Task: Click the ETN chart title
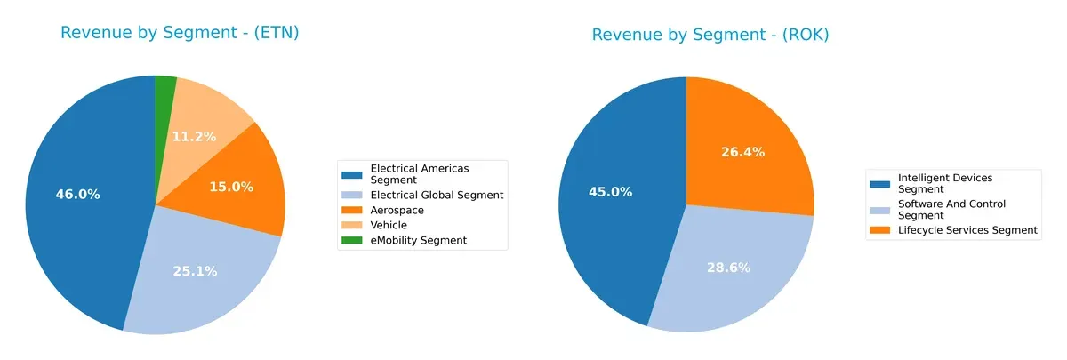pyautogui.click(x=180, y=33)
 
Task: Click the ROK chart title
pyautogui.click(x=710, y=35)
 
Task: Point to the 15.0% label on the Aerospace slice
pyautogui.click(x=231, y=187)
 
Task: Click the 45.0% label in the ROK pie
pyautogui.click(x=610, y=191)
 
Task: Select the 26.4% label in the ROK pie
pyautogui.click(x=743, y=152)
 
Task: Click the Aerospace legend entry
pyautogui.click(x=397, y=211)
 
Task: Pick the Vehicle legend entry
pyautogui.click(x=389, y=226)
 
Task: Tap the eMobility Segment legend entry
pyautogui.click(x=418, y=241)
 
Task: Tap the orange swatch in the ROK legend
pyautogui.click(x=881, y=230)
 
